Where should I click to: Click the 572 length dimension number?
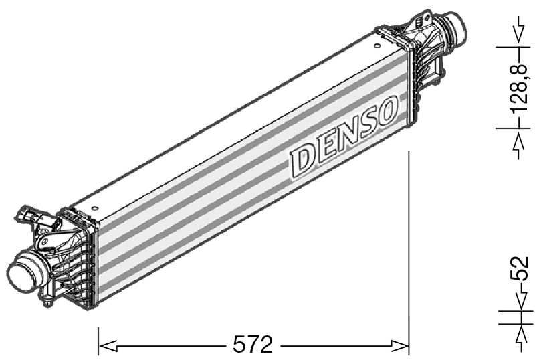pyautogui.click(x=253, y=345)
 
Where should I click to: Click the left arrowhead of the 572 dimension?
pyautogui.click(x=107, y=346)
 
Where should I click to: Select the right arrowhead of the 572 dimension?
pyautogui.click(x=400, y=346)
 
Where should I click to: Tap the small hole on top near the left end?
pyautogui.click(x=98, y=199)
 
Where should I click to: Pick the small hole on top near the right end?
pyautogui.click(x=380, y=46)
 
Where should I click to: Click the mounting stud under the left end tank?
pyautogui.click(x=46, y=300)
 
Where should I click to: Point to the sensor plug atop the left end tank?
pyautogui.click(x=29, y=215)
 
